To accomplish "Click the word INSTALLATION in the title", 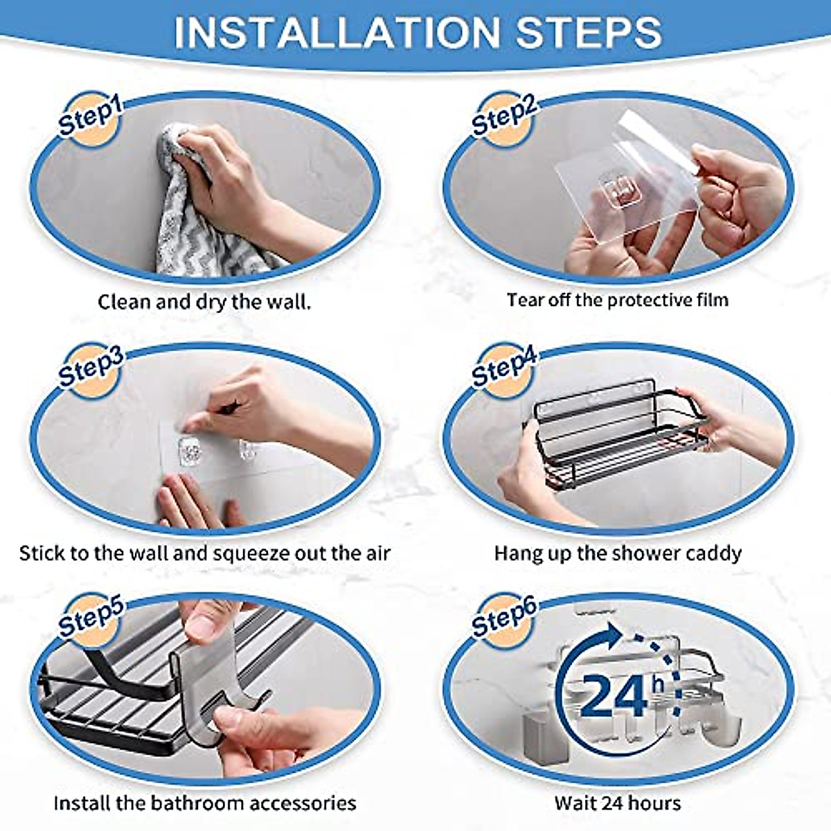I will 336,32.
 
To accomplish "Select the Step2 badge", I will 503,117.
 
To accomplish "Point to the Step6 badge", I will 503,617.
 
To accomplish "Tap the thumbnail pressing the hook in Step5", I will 205,627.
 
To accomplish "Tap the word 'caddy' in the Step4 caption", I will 713,554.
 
